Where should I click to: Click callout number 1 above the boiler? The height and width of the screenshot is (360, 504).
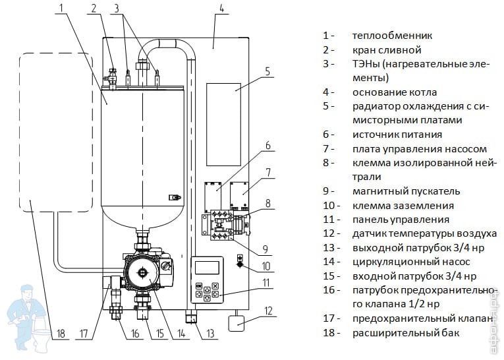[61, 9]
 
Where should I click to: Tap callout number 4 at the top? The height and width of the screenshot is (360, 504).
[221, 9]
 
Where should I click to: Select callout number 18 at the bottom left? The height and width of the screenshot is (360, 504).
[61, 334]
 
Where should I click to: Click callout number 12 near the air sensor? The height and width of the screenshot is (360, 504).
[268, 310]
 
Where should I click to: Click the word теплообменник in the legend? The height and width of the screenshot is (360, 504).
[392, 36]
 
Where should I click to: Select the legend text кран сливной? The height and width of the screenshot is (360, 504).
[386, 49]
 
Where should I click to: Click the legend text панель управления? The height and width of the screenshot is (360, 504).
[401, 220]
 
